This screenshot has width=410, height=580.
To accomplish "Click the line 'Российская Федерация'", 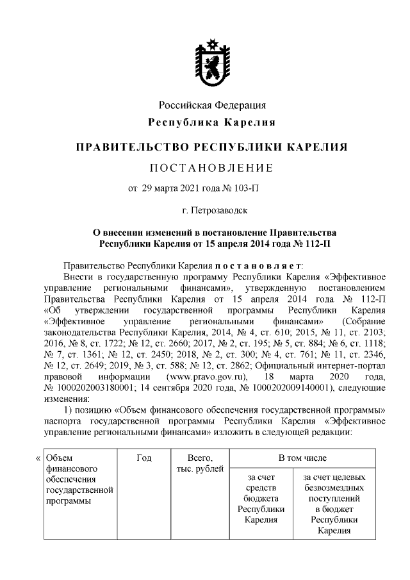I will (x=212, y=104).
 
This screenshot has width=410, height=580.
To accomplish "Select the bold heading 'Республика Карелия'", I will (x=212, y=122).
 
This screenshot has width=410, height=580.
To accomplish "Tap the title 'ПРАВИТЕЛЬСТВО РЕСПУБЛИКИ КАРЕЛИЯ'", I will (x=212, y=147).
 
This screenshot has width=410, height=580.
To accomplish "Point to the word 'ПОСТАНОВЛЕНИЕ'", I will (x=211, y=169).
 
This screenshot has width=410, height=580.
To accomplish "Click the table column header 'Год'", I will (x=143, y=458).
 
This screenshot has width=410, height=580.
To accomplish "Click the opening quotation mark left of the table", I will (x=38, y=458).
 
